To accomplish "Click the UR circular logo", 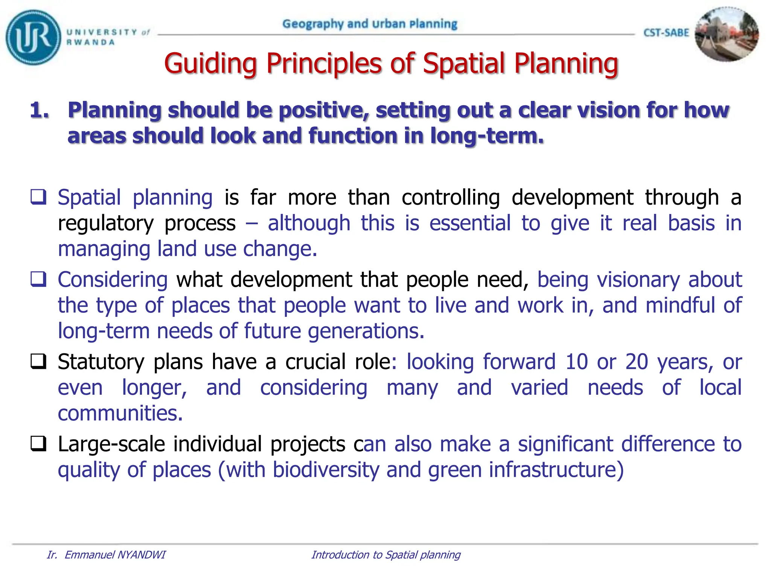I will pos(33,37).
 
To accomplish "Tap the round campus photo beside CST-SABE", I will pos(726,35).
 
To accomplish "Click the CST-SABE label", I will pos(666,33).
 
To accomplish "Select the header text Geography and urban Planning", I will pos(370,24).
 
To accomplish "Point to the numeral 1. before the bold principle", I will pos(40,110).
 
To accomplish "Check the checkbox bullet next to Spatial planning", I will pos(38,197).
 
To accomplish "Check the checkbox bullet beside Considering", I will pos(38,279).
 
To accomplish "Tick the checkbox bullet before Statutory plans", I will pos(38,362).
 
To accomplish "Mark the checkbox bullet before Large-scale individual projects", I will pos(38,444).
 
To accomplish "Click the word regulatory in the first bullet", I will pos(106,224).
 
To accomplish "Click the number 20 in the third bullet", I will pos(637,362).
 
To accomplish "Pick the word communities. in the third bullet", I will pos(120,413).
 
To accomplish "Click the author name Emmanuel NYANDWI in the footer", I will pos(115,555).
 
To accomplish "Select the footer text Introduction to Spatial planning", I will pos(386,555).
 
